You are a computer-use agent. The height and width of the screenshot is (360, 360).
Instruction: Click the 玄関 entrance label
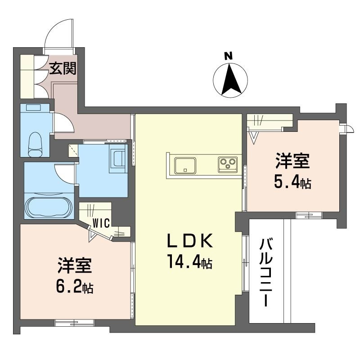(x=63, y=68)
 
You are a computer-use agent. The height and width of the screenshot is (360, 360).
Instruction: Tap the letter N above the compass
(x=229, y=56)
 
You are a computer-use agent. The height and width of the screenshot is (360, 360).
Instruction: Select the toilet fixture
(x=35, y=144)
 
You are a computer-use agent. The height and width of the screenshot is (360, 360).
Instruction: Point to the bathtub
(x=49, y=207)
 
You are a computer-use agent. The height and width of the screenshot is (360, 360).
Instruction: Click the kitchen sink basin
(x=185, y=165)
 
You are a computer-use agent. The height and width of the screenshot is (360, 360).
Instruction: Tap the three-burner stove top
(x=228, y=164)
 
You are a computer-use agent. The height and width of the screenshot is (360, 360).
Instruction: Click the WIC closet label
(x=101, y=223)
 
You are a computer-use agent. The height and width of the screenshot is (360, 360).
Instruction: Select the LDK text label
(x=189, y=241)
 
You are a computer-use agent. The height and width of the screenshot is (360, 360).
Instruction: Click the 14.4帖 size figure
(x=189, y=261)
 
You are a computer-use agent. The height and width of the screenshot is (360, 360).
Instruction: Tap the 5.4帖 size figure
(x=292, y=182)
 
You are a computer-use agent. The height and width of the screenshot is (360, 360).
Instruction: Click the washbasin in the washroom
(x=117, y=159)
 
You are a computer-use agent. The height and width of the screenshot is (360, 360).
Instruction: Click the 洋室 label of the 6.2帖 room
(x=75, y=265)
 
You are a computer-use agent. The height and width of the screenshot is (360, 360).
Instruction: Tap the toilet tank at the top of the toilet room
(x=33, y=108)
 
